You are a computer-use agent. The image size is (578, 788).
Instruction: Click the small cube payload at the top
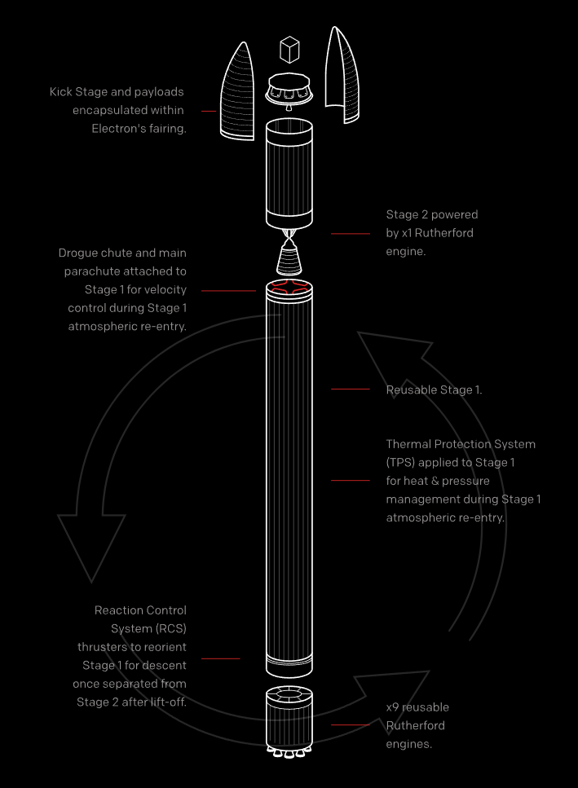click(x=289, y=50)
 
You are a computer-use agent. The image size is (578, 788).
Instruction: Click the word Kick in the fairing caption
click(x=63, y=92)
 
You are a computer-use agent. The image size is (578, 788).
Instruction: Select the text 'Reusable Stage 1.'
click(x=434, y=390)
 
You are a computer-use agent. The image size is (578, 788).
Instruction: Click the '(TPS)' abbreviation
click(x=401, y=462)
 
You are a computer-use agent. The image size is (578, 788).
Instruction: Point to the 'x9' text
click(x=393, y=707)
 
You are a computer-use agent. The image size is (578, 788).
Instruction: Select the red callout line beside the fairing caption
click(x=209, y=111)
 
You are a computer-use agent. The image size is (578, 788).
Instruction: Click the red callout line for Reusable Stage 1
click(x=351, y=390)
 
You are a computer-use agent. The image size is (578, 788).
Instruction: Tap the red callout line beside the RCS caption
click(x=220, y=658)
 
